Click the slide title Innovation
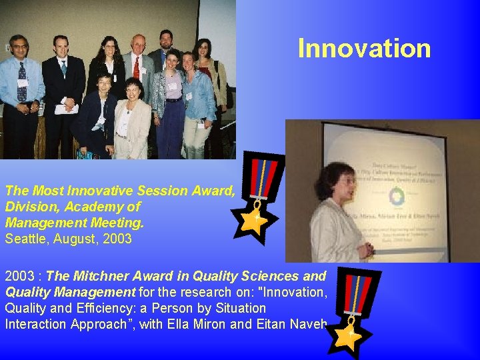click(x=364, y=49)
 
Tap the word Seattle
click(x=25, y=238)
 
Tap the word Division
click(x=28, y=207)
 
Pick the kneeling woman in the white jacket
click(x=131, y=120)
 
